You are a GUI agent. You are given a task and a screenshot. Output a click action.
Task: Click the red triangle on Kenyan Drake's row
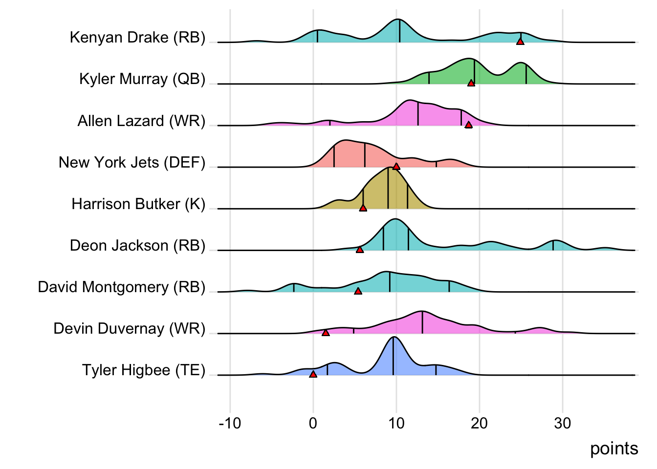[x=520, y=42]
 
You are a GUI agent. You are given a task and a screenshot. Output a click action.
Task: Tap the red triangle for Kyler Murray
[x=471, y=83]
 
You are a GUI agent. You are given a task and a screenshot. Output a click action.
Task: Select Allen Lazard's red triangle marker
[x=468, y=125]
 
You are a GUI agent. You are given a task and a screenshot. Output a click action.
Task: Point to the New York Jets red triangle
[x=396, y=167]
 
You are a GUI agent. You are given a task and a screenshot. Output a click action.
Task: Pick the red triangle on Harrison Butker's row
[x=363, y=208]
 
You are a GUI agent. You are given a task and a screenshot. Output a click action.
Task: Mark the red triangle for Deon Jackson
[x=360, y=250]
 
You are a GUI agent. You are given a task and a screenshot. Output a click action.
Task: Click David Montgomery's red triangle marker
[x=358, y=291]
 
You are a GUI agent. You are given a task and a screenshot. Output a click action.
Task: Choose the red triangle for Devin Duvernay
[x=326, y=333]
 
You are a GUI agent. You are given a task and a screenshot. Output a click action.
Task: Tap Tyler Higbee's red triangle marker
[x=313, y=374]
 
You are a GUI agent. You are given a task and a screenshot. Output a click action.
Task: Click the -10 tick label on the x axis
[x=230, y=423]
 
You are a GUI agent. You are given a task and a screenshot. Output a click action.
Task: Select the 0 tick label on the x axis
[x=313, y=423]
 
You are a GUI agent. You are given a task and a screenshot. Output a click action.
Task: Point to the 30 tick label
[x=562, y=423]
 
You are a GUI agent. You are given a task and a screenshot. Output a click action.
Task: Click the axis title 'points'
[x=614, y=448]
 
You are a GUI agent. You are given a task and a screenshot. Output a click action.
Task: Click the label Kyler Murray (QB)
[x=142, y=79]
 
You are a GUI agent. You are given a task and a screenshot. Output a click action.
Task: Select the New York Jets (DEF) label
[x=132, y=162]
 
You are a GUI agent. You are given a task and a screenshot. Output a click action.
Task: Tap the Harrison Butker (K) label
[x=138, y=204]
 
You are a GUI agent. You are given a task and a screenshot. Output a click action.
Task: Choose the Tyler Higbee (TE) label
[x=144, y=370]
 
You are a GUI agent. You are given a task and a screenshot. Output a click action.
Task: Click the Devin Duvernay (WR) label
[x=130, y=329]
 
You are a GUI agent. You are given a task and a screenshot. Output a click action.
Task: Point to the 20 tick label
[x=479, y=423]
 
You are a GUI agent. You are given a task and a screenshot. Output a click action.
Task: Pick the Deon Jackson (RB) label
[x=137, y=245]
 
